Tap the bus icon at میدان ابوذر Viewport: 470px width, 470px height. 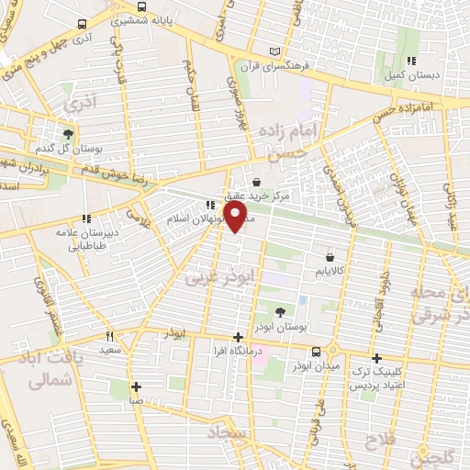click(x=317, y=352)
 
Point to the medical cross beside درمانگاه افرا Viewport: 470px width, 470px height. click(x=239, y=337)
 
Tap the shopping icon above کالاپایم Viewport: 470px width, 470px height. click(x=328, y=257)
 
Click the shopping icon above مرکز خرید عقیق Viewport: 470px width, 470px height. click(x=255, y=182)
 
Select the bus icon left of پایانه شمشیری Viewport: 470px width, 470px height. click(x=83, y=25)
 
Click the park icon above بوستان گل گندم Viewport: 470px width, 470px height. click(x=68, y=134)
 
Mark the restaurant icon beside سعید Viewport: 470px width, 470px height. click(x=111, y=336)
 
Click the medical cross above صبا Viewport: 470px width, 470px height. click(x=136, y=386)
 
